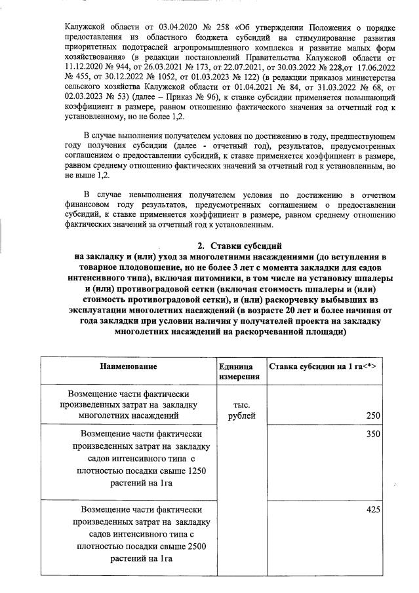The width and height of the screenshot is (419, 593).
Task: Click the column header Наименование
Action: pos(129,366)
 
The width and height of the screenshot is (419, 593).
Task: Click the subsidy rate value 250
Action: pos(374,415)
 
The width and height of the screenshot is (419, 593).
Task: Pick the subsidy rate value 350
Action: pos(374,433)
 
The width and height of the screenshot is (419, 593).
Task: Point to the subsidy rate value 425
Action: pos(374,509)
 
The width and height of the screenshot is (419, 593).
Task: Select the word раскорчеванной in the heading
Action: pos(266,332)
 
